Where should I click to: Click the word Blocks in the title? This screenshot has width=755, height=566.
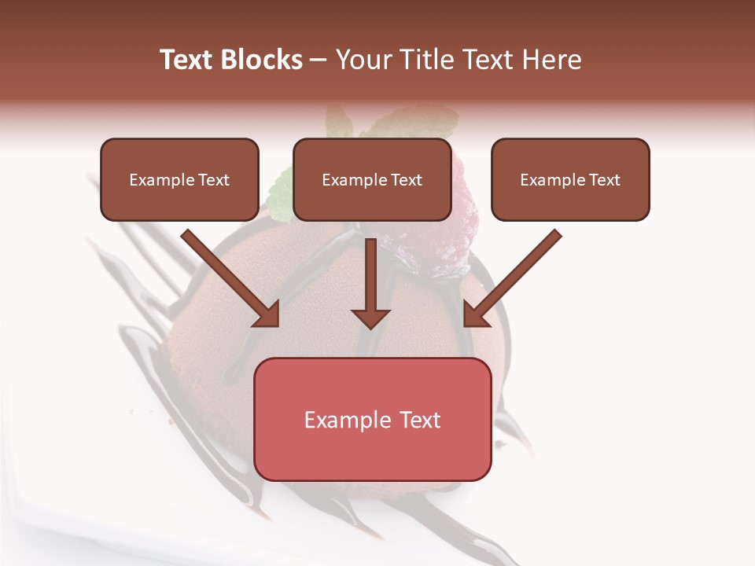[261, 60]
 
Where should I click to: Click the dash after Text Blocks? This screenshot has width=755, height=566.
[319, 61]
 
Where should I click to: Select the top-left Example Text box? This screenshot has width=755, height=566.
[179, 179]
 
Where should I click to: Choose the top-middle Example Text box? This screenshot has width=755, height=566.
[372, 179]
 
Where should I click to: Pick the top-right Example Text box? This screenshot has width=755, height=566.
[570, 179]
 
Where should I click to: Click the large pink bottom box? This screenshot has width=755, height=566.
[372, 419]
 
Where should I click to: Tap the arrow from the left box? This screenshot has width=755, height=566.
[228, 275]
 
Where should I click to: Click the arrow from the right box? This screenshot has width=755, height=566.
[515, 275]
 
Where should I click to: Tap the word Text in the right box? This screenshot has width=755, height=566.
[605, 180]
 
